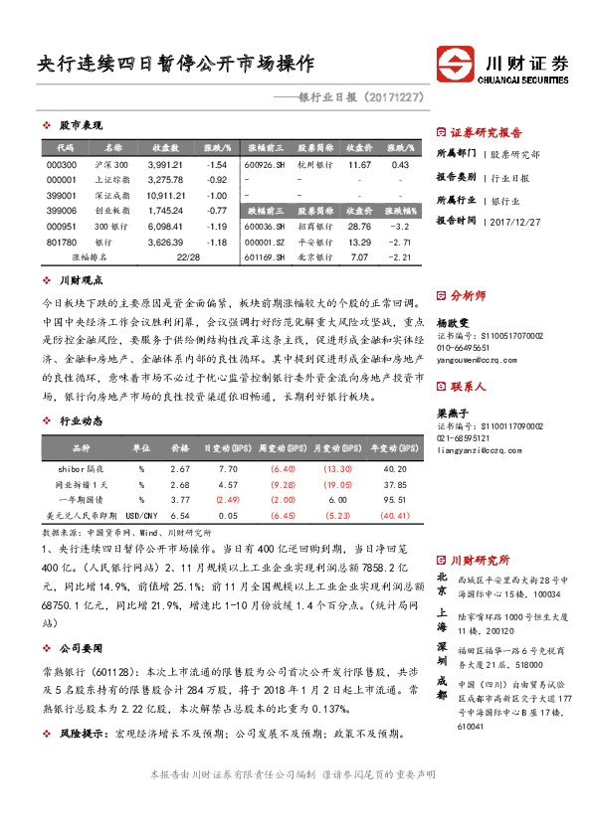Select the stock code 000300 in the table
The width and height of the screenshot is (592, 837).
point(62,164)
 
